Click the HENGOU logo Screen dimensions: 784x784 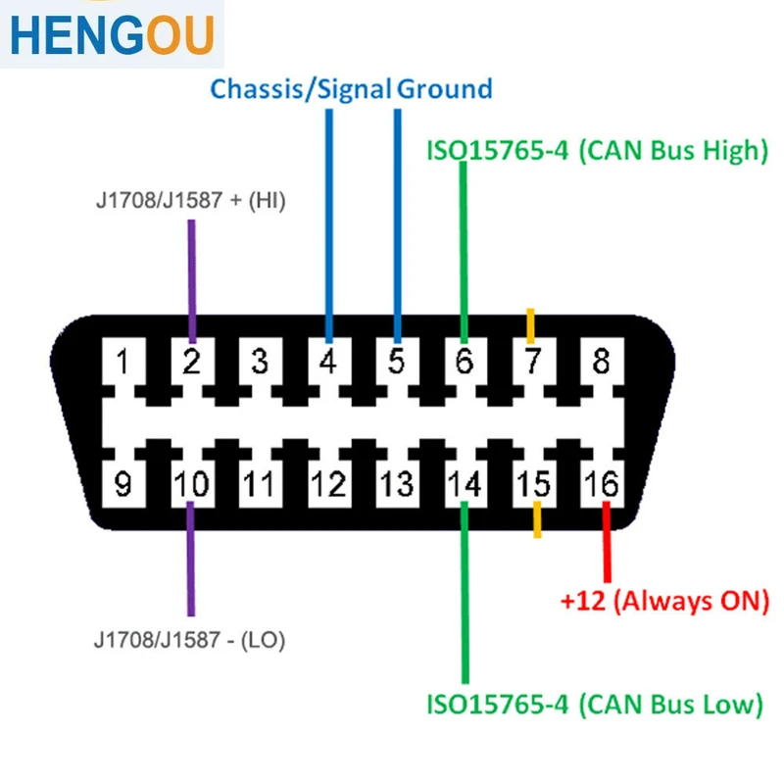click(112, 35)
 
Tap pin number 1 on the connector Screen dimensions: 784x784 click(122, 362)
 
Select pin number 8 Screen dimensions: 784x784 click(601, 362)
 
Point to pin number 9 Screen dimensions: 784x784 click(122, 484)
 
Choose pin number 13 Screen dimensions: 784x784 click(397, 484)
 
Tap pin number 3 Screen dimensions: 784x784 click(260, 362)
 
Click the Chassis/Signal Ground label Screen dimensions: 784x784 click(351, 89)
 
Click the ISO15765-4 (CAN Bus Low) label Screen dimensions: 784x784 click(594, 704)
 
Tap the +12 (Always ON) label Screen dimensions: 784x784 click(664, 600)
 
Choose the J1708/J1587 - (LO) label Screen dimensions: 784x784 click(189, 641)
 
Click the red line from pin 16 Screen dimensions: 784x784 click(607, 544)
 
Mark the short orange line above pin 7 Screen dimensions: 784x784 click(531, 324)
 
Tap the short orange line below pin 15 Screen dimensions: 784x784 click(536, 519)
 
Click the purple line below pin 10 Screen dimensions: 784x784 click(191, 559)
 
